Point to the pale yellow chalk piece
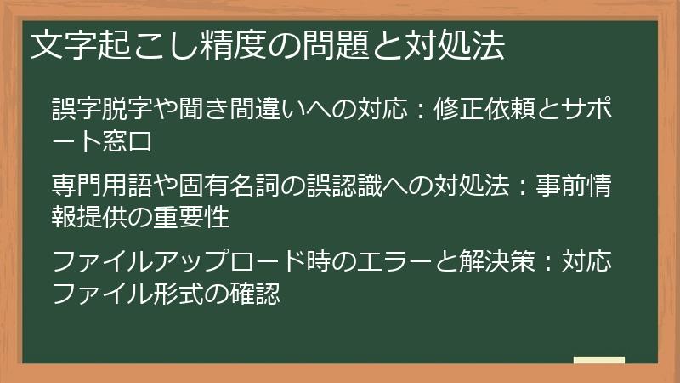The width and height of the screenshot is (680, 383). [599, 360]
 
